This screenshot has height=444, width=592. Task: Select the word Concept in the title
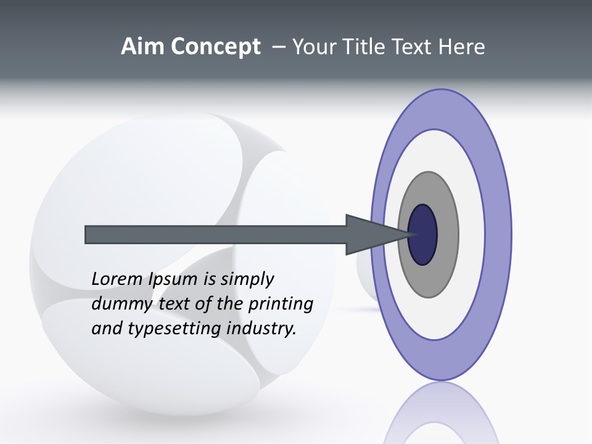[x=215, y=47]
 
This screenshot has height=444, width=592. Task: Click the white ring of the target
[x=471, y=235]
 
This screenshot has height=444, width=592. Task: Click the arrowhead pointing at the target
[x=370, y=235]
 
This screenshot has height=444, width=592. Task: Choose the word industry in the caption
[x=261, y=329]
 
